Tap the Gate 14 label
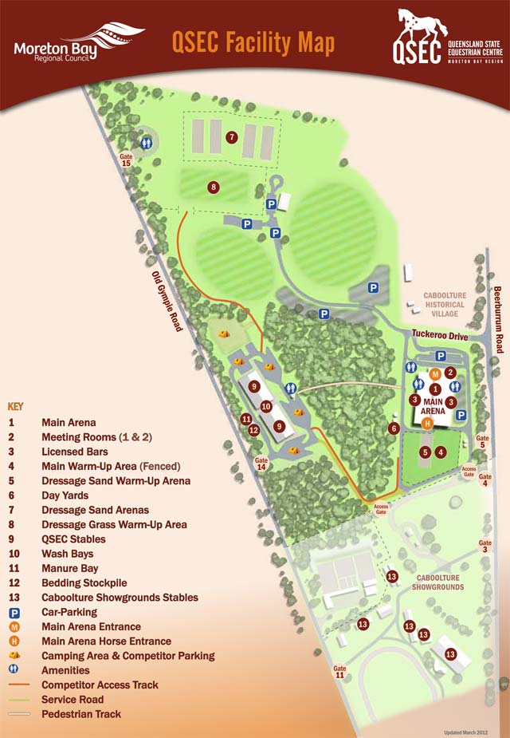point(261,464)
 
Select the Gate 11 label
point(340,671)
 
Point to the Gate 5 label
point(482,441)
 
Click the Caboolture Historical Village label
point(445,304)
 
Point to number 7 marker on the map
point(231,137)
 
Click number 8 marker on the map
point(213,187)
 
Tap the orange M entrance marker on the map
point(435,373)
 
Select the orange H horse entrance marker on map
point(427,423)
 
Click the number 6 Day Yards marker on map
point(394,428)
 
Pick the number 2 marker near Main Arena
point(450,373)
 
